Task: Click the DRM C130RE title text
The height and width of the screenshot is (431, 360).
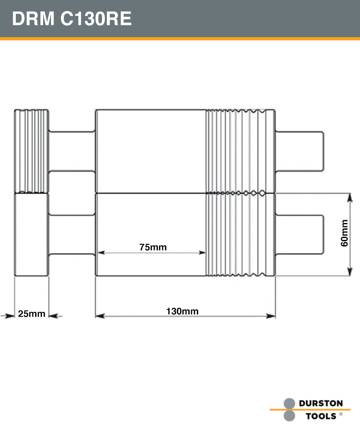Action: (72, 19)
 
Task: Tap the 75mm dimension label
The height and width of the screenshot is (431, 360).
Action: (153, 248)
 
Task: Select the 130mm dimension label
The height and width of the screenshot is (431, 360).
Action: (182, 311)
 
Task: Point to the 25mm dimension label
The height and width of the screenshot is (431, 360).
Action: (32, 314)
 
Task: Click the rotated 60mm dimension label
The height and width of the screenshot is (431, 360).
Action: (345, 233)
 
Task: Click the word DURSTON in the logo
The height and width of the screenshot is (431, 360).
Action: (320, 404)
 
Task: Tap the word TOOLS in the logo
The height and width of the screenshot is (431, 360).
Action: (321, 416)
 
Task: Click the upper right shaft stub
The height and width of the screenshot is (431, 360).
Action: (299, 151)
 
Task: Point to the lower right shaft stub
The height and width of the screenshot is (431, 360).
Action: (299, 235)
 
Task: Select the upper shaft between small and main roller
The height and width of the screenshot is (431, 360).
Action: (72, 151)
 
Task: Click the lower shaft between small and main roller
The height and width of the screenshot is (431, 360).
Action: (72, 235)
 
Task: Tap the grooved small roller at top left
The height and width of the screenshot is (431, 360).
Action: (32, 151)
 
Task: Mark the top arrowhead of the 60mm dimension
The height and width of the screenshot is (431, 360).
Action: (350, 197)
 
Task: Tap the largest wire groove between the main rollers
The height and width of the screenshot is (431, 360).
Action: (262, 193)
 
